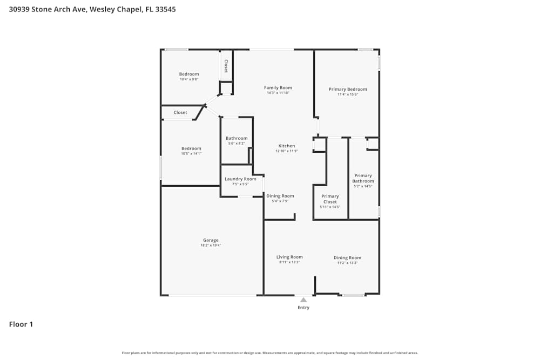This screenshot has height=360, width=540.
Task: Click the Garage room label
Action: pos(211,240)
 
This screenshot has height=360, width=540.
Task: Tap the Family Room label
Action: pos(278,87)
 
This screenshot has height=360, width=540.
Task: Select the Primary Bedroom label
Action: pos(348,89)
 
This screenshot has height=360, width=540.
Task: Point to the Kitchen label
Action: pos(287,146)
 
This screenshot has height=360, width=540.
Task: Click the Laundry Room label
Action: pos(240,179)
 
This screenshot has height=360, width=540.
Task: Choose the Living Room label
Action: pos(289,257)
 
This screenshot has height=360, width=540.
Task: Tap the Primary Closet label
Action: pos(330,199)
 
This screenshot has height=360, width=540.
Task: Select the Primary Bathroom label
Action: pos(363,178)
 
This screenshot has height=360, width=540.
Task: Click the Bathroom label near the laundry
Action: pos(237,138)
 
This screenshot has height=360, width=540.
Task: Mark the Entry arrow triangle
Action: pos(303,300)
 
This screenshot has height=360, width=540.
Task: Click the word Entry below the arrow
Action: pos(303,308)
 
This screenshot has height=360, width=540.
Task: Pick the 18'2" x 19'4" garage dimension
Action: pos(211,246)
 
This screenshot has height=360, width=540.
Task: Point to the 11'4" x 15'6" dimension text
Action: pos(348,94)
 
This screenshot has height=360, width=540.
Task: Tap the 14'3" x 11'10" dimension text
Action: pos(278,93)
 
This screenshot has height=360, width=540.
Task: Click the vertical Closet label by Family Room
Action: pos(226,66)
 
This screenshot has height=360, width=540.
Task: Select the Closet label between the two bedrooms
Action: pos(180,112)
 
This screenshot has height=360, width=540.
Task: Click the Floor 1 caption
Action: pos(21,324)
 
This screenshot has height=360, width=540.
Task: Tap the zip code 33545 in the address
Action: pos(166,9)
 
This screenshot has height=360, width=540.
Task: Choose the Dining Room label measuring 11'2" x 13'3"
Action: pos(347,257)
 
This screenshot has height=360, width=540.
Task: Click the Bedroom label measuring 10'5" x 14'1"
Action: pos(191,148)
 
